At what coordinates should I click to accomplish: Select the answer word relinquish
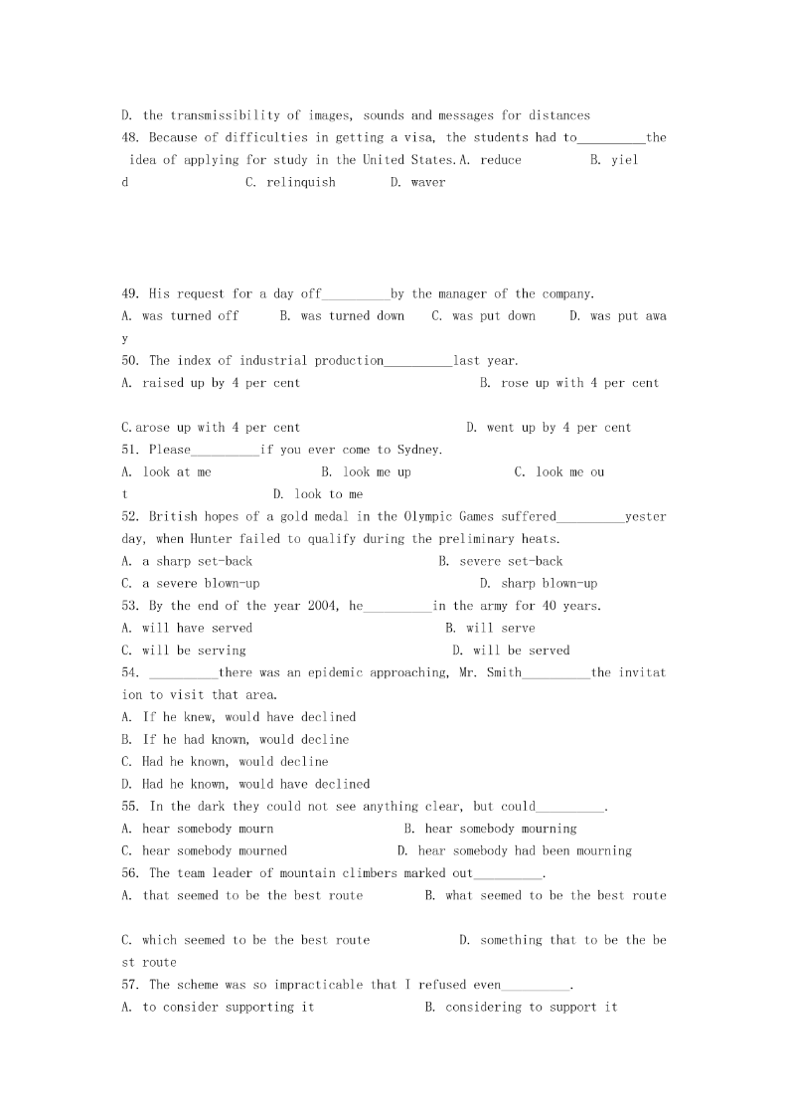click(301, 183)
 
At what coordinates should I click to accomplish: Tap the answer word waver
click(428, 183)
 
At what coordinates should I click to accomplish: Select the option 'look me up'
click(377, 472)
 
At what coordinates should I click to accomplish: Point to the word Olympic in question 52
click(428, 517)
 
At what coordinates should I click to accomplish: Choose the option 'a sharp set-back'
click(197, 562)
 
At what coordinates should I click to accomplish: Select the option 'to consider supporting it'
click(228, 1008)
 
